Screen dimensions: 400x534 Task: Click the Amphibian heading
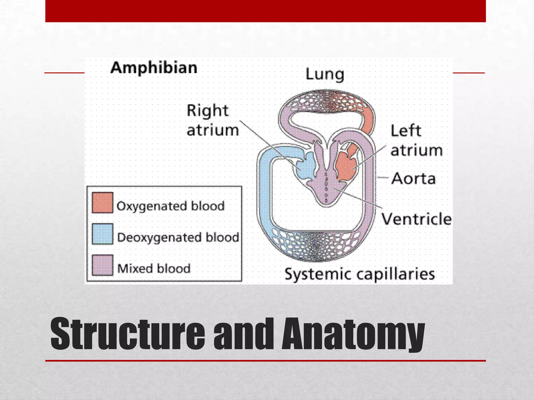click(154, 68)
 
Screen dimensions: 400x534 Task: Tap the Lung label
click(325, 75)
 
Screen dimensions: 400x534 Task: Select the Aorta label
click(414, 179)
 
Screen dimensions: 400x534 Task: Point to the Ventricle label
click(417, 219)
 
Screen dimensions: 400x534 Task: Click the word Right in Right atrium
click(208, 111)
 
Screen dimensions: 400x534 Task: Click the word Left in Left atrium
click(406, 131)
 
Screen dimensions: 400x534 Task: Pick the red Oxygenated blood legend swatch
click(102, 203)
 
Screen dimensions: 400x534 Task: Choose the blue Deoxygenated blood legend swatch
click(102, 234)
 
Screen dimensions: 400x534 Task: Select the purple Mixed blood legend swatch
click(102, 265)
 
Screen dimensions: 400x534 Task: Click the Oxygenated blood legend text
click(171, 206)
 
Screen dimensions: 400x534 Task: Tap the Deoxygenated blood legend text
click(178, 238)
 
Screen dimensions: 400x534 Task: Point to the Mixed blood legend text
click(154, 268)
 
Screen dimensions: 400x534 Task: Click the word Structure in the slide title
click(128, 334)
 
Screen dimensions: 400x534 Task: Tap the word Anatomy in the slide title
click(353, 334)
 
